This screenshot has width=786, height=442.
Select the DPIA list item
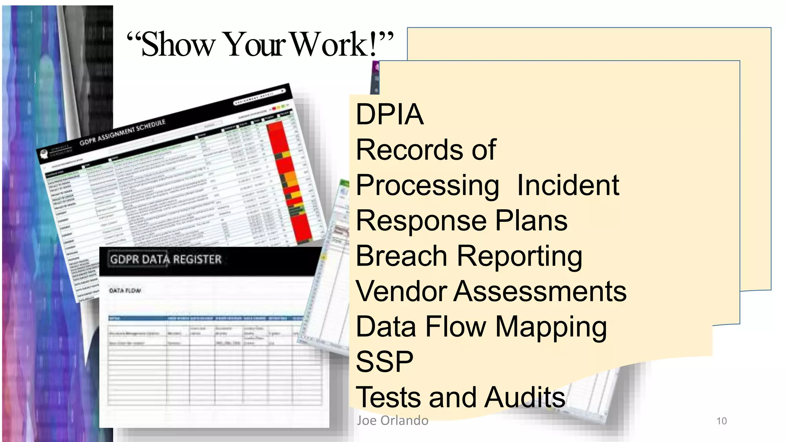coord(390,114)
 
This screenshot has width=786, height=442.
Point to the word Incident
coord(568,185)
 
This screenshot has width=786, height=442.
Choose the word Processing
coord(427,186)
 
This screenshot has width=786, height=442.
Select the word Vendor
coord(401,291)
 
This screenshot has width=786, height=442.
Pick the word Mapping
coord(551,327)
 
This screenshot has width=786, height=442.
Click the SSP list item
coord(384,362)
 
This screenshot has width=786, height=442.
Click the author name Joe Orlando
coord(392,421)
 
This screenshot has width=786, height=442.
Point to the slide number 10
coord(722,421)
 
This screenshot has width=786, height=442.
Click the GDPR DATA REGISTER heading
coord(166,260)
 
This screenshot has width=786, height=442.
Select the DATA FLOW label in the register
coord(125,290)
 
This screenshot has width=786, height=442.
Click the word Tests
coord(388,397)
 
